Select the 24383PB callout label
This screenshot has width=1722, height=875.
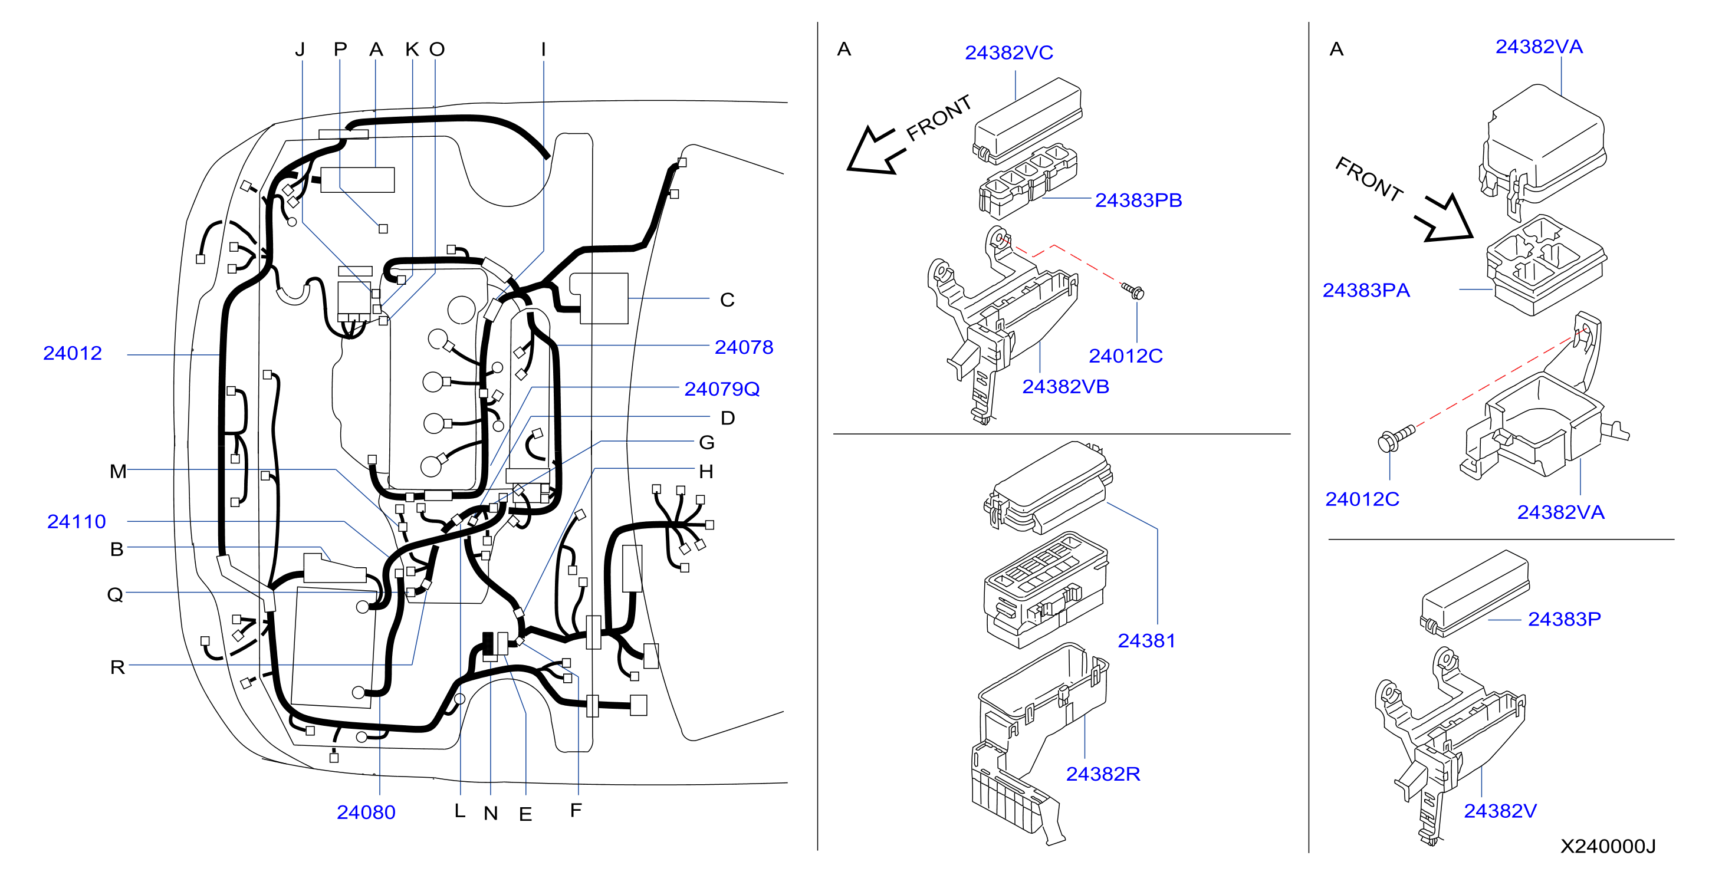pos(1138,200)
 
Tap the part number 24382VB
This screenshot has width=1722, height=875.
pos(1066,386)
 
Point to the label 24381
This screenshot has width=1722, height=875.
pos(1146,640)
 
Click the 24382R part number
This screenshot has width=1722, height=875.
pos(1103,774)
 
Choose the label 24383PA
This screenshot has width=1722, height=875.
pos(1366,290)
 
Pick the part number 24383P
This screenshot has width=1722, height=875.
pos(1564,619)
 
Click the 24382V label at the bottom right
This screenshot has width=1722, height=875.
pos(1500,811)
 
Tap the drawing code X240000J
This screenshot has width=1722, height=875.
pos(1608,846)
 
